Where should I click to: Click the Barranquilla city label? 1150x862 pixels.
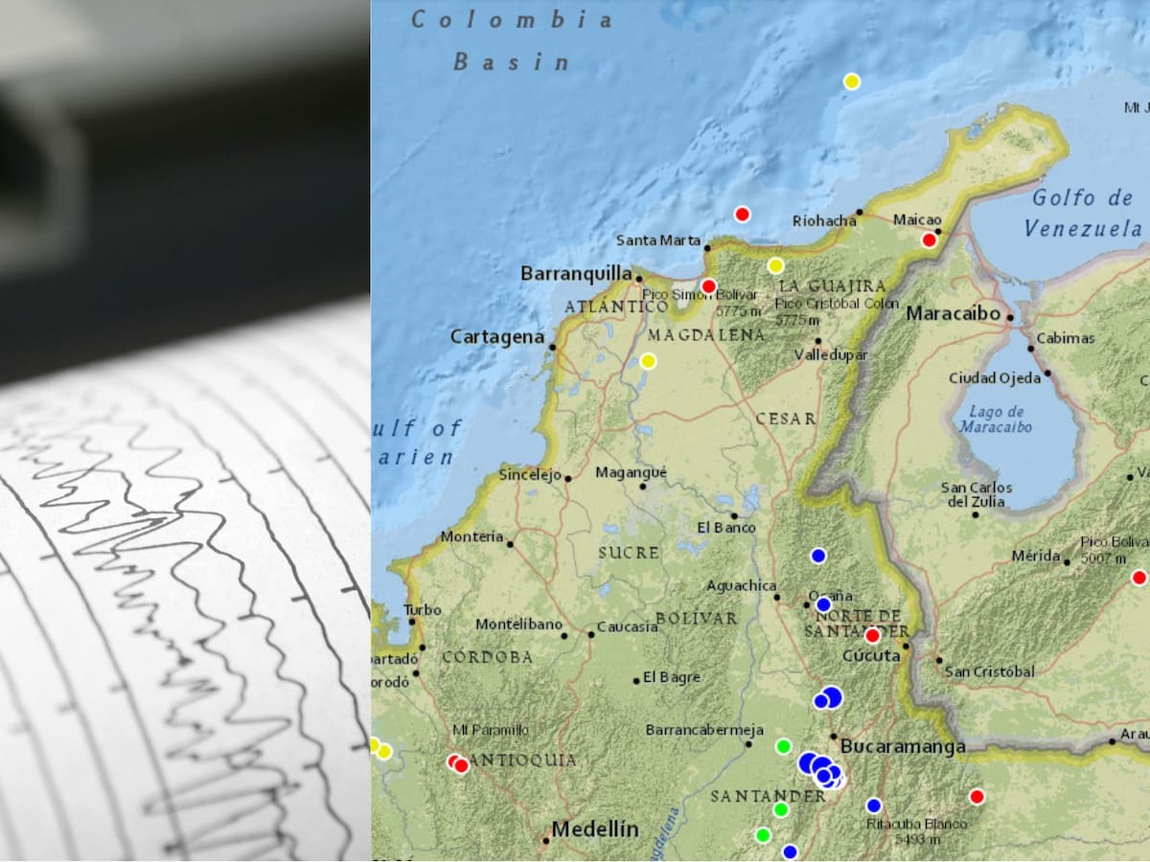576,274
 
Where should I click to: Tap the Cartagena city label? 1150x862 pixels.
497,337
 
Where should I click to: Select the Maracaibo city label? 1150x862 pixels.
954,313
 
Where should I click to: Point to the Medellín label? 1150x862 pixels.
595,829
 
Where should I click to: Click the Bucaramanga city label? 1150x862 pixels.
903,746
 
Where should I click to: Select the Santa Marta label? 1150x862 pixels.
658,240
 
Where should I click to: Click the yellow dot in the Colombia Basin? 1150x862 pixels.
851,81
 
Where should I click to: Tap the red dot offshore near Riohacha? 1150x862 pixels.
742,215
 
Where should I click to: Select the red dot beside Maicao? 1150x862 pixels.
929,240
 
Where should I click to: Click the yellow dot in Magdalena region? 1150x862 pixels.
648,361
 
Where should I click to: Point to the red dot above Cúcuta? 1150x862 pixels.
872,635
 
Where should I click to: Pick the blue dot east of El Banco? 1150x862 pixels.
817,556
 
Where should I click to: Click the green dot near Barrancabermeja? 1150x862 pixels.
783,746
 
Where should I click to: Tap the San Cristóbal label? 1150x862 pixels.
989,671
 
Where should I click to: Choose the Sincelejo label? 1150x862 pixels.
529,475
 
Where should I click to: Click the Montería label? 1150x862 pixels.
471,537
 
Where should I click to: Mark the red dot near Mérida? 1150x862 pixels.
1138,578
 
